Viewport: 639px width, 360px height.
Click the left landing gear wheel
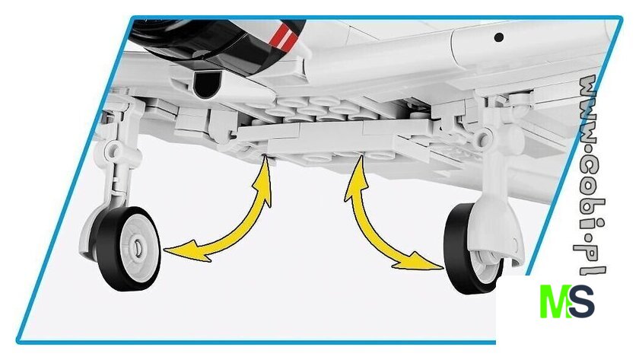pos(128,249)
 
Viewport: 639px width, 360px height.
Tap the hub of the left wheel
pos(138,247)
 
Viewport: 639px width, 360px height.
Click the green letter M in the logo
pos(555,301)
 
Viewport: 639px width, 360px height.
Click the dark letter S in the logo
pos(582,301)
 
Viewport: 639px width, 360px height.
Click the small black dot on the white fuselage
pos(498,37)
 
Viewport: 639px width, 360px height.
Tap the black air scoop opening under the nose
pos(208,84)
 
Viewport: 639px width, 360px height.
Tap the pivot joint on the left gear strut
pos(113,151)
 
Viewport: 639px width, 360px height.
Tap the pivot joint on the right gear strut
pos(484,136)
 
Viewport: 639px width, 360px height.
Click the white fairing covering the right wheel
pos(493,228)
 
